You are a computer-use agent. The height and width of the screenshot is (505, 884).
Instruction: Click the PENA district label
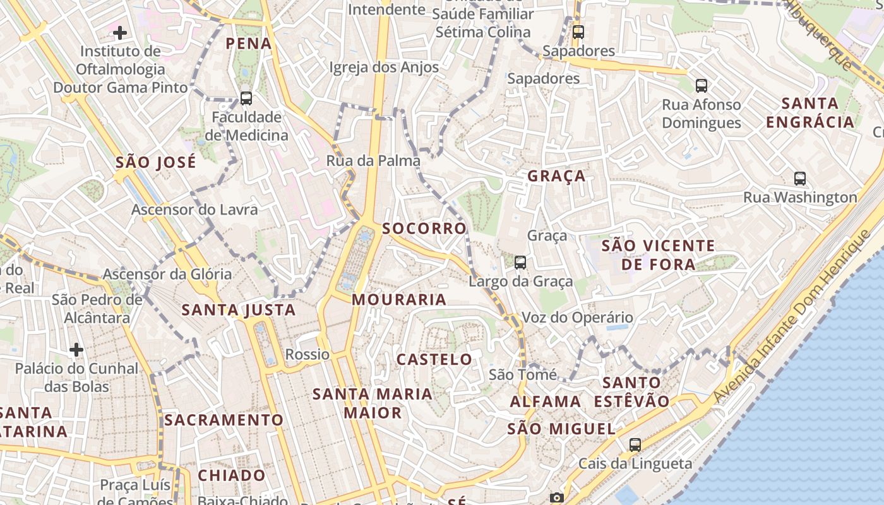tap(249, 44)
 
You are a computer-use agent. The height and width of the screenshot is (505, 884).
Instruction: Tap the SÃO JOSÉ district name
tap(155, 162)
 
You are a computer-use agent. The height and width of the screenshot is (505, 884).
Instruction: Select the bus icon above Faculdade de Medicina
tap(246, 98)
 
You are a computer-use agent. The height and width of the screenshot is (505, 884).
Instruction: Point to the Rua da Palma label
tap(373, 161)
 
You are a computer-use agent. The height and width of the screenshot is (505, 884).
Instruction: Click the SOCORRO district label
tap(424, 229)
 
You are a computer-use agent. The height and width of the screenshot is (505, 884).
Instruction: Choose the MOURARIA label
tap(399, 299)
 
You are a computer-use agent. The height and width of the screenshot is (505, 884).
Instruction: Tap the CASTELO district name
tap(434, 359)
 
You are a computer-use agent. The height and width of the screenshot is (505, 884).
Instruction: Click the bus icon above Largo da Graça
tap(520, 262)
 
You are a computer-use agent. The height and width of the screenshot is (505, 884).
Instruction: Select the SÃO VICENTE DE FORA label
tap(658, 254)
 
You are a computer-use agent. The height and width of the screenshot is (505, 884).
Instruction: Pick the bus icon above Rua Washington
tap(800, 179)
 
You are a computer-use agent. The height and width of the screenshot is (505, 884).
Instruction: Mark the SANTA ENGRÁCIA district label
tap(810, 112)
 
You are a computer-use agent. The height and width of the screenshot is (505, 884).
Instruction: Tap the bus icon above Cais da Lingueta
tap(635, 444)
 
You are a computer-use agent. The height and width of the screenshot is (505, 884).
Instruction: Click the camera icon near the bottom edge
tap(556, 498)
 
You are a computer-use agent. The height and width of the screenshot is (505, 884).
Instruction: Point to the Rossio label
tap(308, 354)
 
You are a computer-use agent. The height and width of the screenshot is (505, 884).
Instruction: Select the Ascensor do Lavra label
tap(194, 210)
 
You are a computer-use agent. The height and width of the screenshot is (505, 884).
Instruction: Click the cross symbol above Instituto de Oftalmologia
tap(120, 32)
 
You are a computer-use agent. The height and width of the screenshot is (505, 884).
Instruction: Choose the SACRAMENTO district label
tap(224, 420)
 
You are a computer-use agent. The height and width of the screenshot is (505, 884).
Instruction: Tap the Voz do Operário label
tap(577, 318)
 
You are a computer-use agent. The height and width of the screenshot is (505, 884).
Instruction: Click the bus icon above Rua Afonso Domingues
tap(701, 85)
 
